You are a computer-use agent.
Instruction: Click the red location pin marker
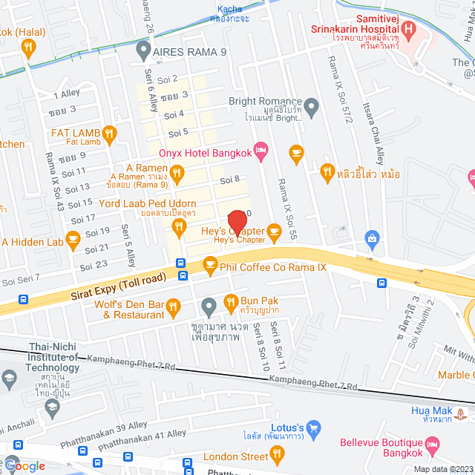click(x=237, y=222)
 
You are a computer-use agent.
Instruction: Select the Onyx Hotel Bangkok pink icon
click(x=261, y=152)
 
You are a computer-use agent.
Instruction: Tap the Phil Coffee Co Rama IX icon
click(x=210, y=265)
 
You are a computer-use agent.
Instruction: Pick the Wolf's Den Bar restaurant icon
click(x=173, y=305)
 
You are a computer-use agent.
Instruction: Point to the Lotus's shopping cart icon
click(x=314, y=428)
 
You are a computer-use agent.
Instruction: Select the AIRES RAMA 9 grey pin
click(x=143, y=51)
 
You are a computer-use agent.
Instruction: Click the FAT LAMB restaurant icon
click(x=109, y=134)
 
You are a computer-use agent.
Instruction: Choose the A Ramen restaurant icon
click(x=177, y=174)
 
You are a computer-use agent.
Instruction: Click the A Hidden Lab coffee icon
click(x=73, y=239)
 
